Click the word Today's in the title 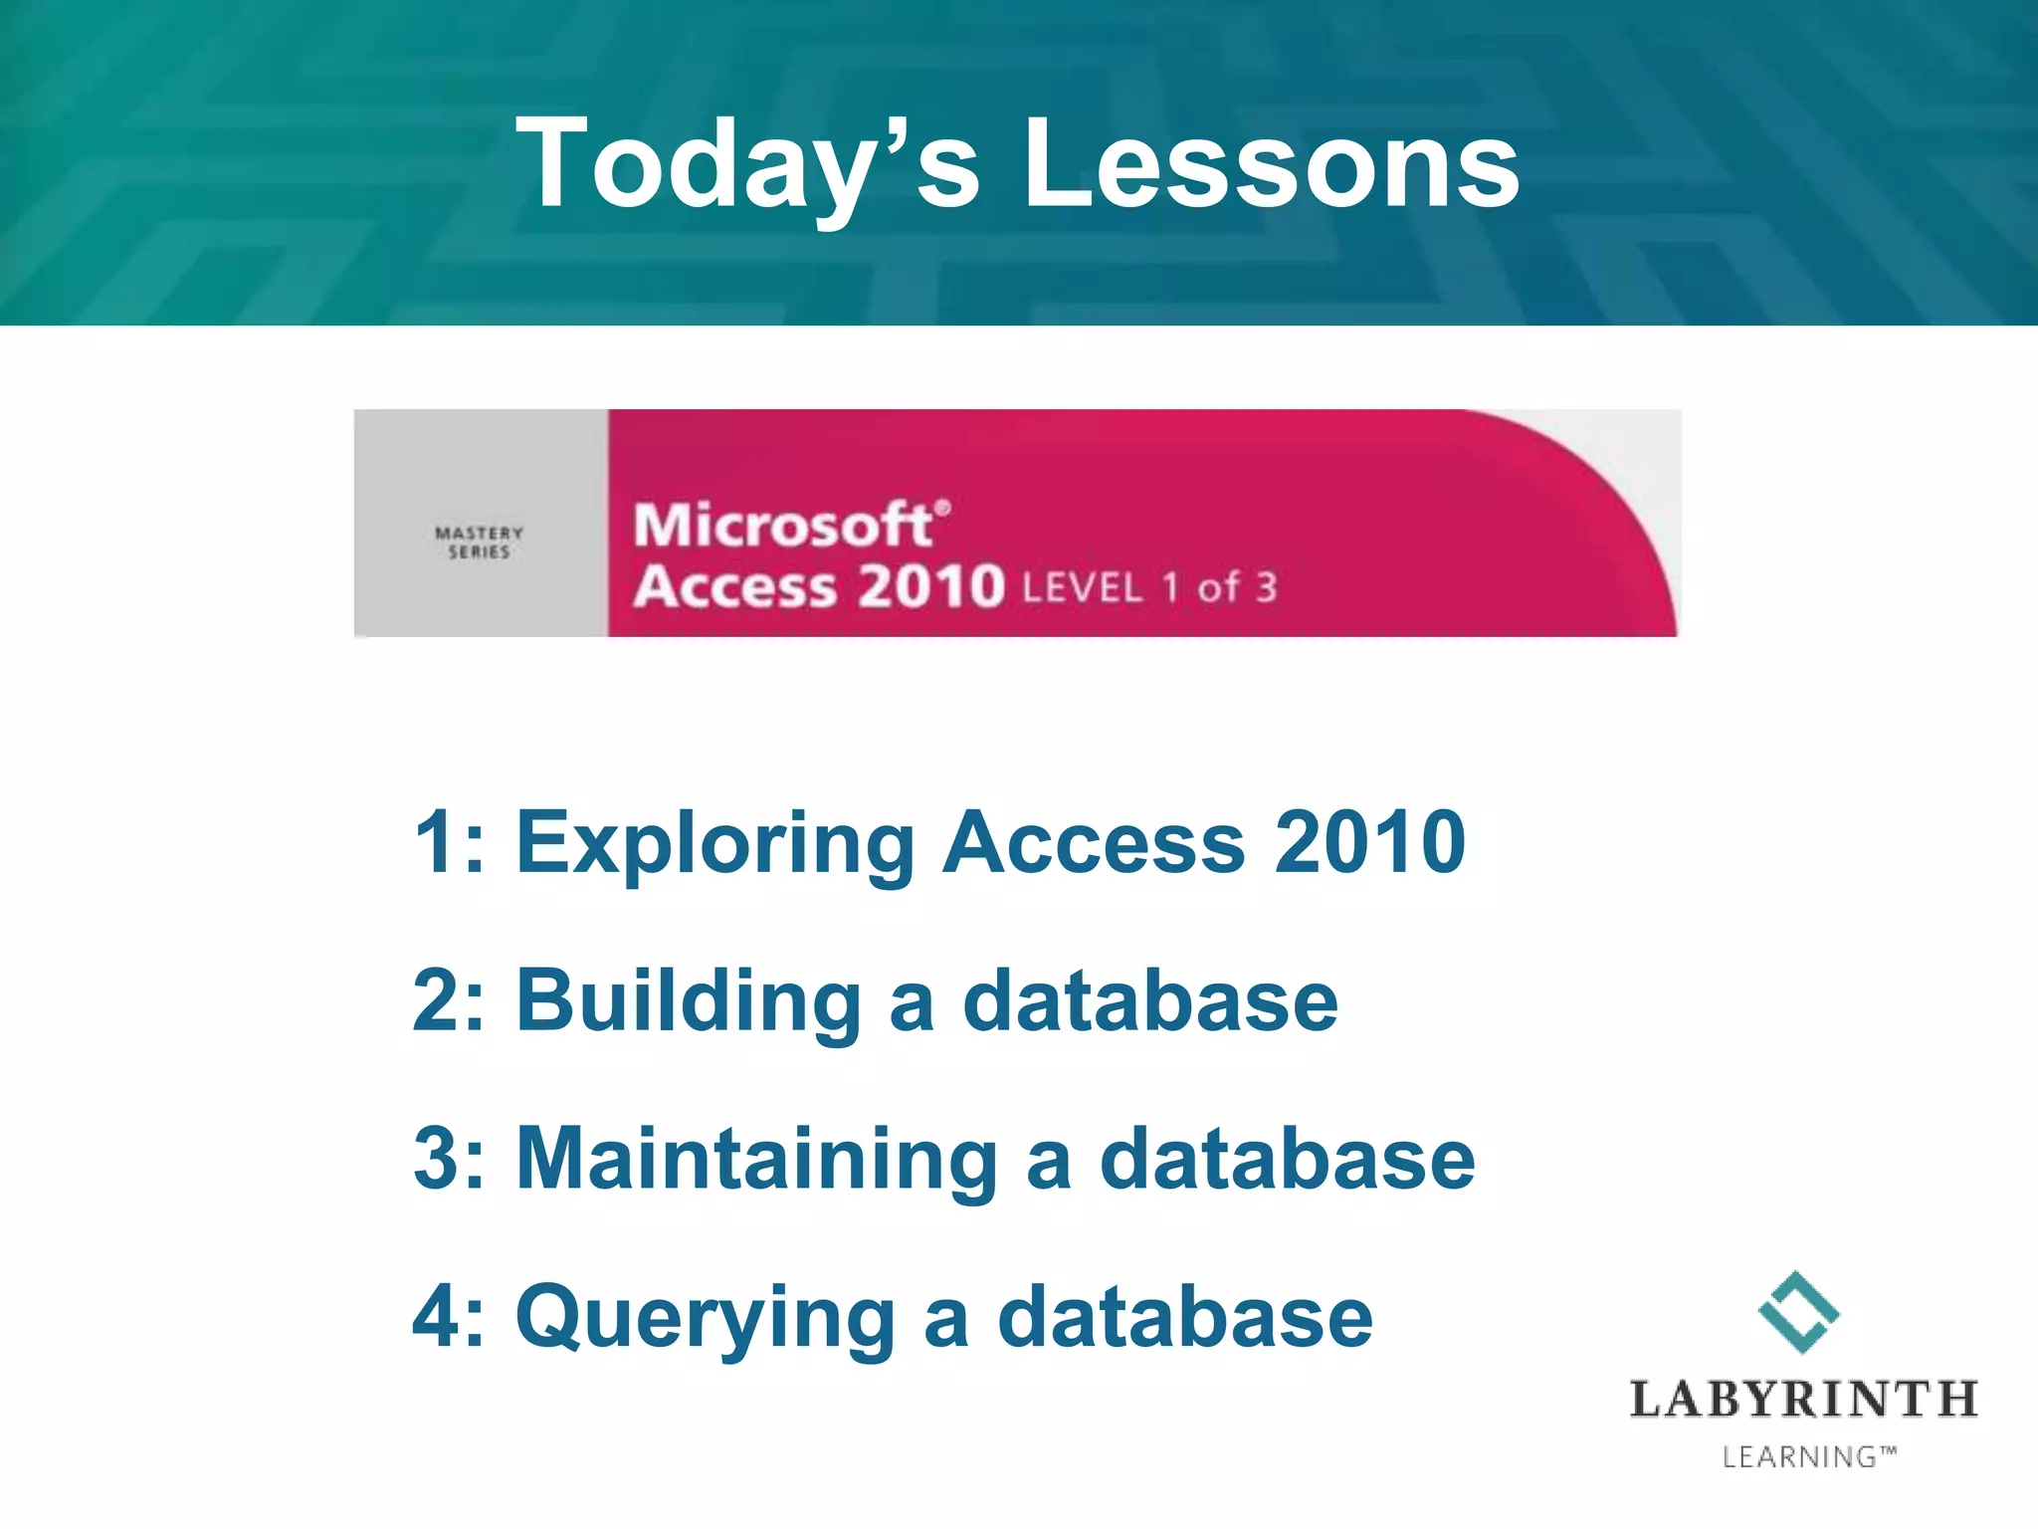pyautogui.click(x=746, y=164)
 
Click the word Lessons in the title pyautogui.click(x=1271, y=164)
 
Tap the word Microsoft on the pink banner pyautogui.click(x=784, y=526)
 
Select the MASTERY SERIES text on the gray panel pyautogui.click(x=479, y=543)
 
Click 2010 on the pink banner pyautogui.click(x=930, y=586)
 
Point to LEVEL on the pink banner pyautogui.click(x=1082, y=588)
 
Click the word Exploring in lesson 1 pyautogui.click(x=713, y=844)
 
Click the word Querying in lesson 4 pyautogui.click(x=706, y=1318)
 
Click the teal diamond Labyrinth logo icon pyautogui.click(x=1798, y=1312)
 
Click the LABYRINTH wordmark pyautogui.click(x=1802, y=1400)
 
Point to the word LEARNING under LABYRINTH pyautogui.click(x=1799, y=1457)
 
